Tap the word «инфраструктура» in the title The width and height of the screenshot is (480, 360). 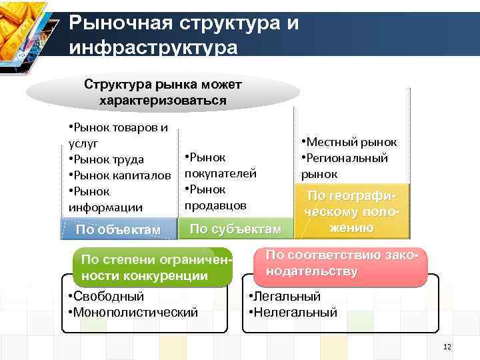point(153,49)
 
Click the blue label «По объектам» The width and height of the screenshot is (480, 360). point(118,230)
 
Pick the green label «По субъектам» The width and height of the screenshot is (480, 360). point(235,229)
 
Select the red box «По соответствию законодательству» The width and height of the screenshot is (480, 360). point(340,263)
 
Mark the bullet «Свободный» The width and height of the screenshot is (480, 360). point(105,296)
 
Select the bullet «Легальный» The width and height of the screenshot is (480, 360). point(283,296)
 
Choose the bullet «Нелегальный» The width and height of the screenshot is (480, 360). point(292,311)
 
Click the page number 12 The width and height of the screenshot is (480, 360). point(447,347)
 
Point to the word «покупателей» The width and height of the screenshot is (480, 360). point(220,173)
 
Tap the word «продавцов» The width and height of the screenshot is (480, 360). point(215,204)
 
